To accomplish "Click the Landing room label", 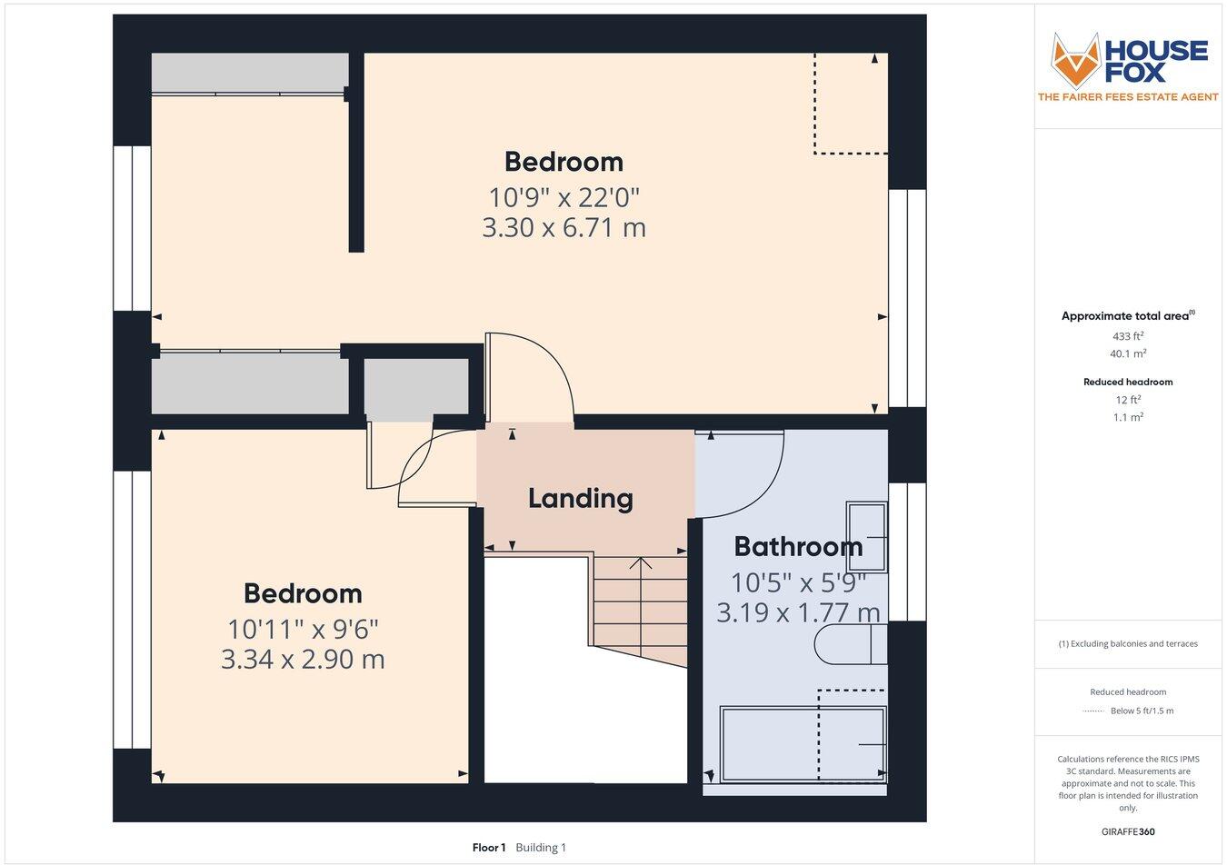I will [580, 498].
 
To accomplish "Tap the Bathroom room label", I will [798, 546].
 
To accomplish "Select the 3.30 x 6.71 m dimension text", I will [564, 227].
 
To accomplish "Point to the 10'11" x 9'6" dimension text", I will [303, 628].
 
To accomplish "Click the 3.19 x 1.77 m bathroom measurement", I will [798, 612].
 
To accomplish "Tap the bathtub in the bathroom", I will [803, 743].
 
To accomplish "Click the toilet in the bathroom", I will [850, 644].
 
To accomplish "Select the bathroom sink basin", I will [866, 537].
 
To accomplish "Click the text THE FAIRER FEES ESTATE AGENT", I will [1128, 97].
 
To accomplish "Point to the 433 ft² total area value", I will [1128, 336].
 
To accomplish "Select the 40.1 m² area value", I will [1128, 354].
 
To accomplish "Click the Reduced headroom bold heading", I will [1128, 382].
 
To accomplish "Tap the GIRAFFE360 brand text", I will [1128, 831].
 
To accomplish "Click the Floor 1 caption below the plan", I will [489, 848].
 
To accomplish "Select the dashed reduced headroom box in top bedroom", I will [850, 103].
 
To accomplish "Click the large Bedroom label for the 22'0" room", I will [564, 162].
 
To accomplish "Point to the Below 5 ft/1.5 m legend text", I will [1142, 711].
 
